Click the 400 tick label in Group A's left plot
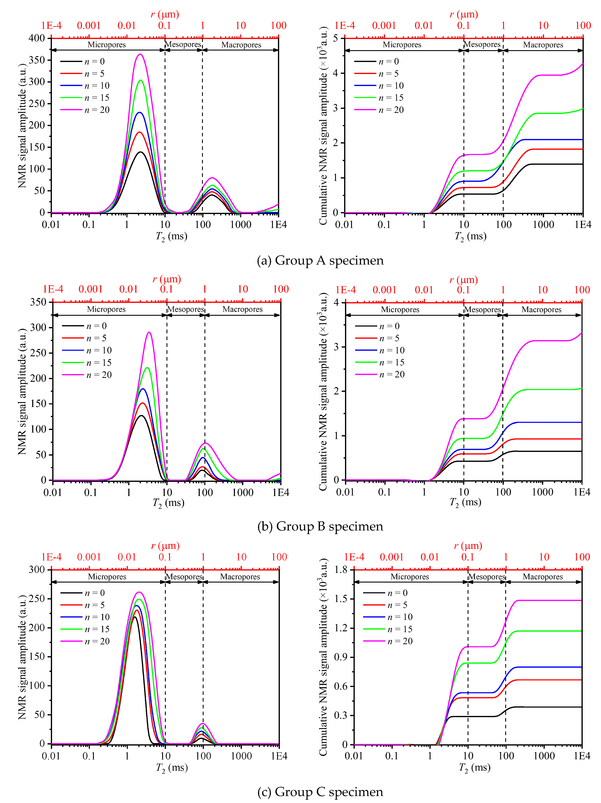point(37,38)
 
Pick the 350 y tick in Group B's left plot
point(38,302)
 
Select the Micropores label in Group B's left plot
point(106,309)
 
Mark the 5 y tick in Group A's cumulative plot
point(336,38)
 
